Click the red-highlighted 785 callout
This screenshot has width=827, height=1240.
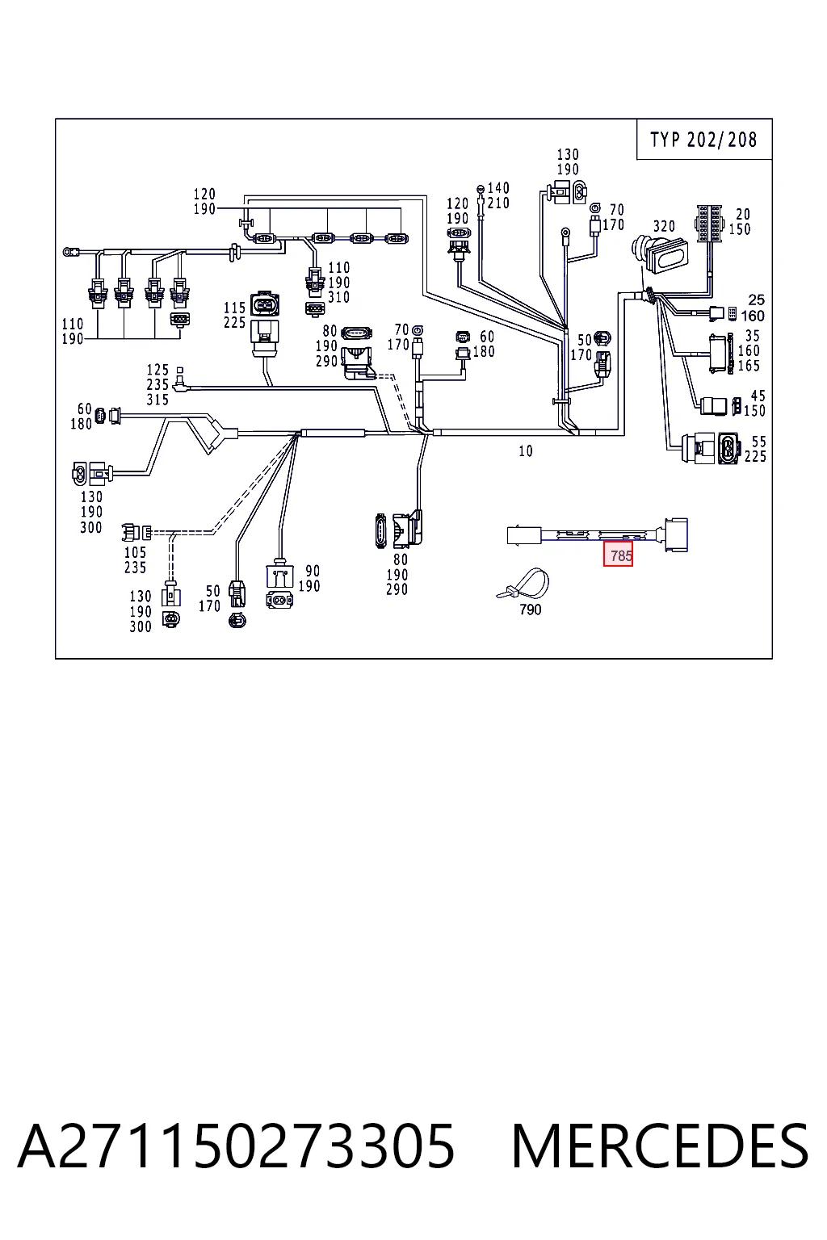coord(618,555)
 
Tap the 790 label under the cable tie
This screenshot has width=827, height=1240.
coord(530,610)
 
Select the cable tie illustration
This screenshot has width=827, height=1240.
coord(523,584)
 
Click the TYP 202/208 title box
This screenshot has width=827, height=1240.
coord(704,140)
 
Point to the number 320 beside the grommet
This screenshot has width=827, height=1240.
coord(664,226)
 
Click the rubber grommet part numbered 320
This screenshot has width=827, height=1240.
coord(659,253)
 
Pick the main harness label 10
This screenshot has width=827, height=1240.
coord(526,451)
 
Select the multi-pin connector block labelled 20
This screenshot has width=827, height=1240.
coord(709,224)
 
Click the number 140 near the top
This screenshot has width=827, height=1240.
coord(498,188)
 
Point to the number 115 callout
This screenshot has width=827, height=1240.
coord(234,308)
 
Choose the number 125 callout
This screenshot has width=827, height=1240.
coord(157,370)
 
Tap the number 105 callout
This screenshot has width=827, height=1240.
coord(135,552)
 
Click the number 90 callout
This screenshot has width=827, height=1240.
coord(313,571)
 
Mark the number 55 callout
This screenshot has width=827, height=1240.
coord(759,442)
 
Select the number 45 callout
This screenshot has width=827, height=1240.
coord(758,396)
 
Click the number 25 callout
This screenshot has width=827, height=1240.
coord(756,300)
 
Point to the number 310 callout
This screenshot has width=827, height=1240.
coord(338,297)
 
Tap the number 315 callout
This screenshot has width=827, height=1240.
coord(157,400)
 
